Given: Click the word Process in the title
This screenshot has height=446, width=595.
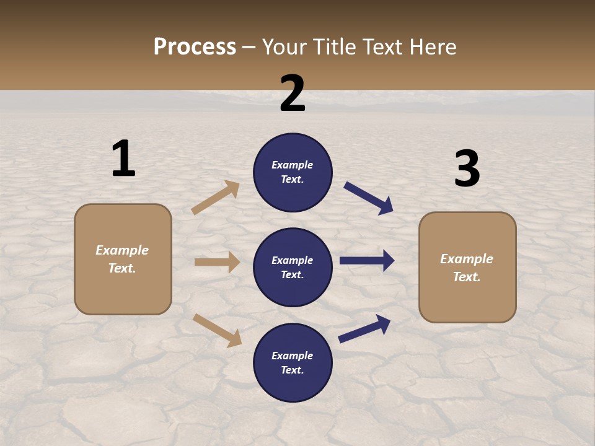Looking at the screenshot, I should [195, 47].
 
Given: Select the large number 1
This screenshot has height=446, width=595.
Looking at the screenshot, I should [123, 159].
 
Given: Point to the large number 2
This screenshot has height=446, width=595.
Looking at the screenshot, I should [293, 94].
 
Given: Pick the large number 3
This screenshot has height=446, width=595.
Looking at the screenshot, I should [467, 168].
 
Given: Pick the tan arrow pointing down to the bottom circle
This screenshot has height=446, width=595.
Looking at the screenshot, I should [217, 330].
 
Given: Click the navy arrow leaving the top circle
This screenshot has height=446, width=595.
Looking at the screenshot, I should [369, 198].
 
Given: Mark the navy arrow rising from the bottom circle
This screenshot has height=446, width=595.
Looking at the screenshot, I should [364, 328].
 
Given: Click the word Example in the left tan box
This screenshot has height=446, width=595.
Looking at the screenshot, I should [122, 250].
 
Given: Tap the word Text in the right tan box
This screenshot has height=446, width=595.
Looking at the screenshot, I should [466, 277].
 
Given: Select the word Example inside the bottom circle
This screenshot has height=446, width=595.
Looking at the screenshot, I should [292, 356].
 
